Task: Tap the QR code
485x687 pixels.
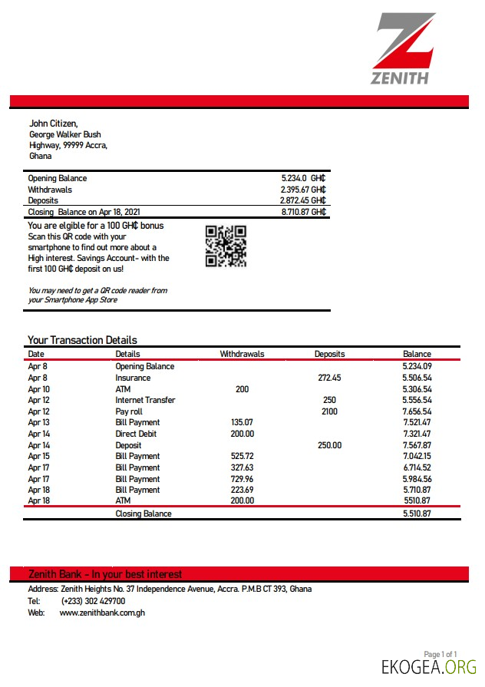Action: click(226, 246)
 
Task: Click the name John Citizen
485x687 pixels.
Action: click(53, 123)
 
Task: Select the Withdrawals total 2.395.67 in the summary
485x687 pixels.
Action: click(304, 190)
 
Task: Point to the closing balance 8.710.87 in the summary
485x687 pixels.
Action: click(304, 212)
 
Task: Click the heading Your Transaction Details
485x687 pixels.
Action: click(82, 340)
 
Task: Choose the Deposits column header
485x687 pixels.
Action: click(329, 354)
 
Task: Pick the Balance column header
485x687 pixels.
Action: click(417, 354)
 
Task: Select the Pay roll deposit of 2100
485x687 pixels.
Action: click(329, 411)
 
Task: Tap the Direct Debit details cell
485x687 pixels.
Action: click(137, 434)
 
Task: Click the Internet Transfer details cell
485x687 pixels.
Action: click(145, 400)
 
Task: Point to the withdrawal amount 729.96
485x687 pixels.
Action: click(242, 478)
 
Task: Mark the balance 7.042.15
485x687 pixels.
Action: click(417, 456)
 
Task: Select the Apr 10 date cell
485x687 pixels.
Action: click(38, 389)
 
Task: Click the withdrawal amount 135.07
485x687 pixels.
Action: click(242, 422)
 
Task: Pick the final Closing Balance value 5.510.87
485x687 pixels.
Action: click(417, 514)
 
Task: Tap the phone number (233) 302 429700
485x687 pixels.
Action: click(93, 601)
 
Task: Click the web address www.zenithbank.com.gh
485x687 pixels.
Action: click(102, 613)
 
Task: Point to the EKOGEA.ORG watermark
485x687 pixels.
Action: click(429, 666)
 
